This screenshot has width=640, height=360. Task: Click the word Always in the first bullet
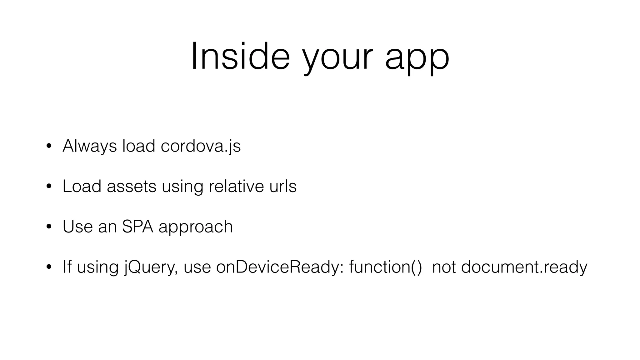pos(90,146)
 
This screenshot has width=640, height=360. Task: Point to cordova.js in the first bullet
pos(201,146)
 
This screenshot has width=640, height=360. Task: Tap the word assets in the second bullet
pos(131,187)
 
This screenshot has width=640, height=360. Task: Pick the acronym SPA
pos(137,227)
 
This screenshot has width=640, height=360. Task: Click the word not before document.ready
pos(444,267)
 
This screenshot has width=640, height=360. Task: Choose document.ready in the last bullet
pos(524,267)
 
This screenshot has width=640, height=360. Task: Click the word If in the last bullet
pos(67,267)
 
